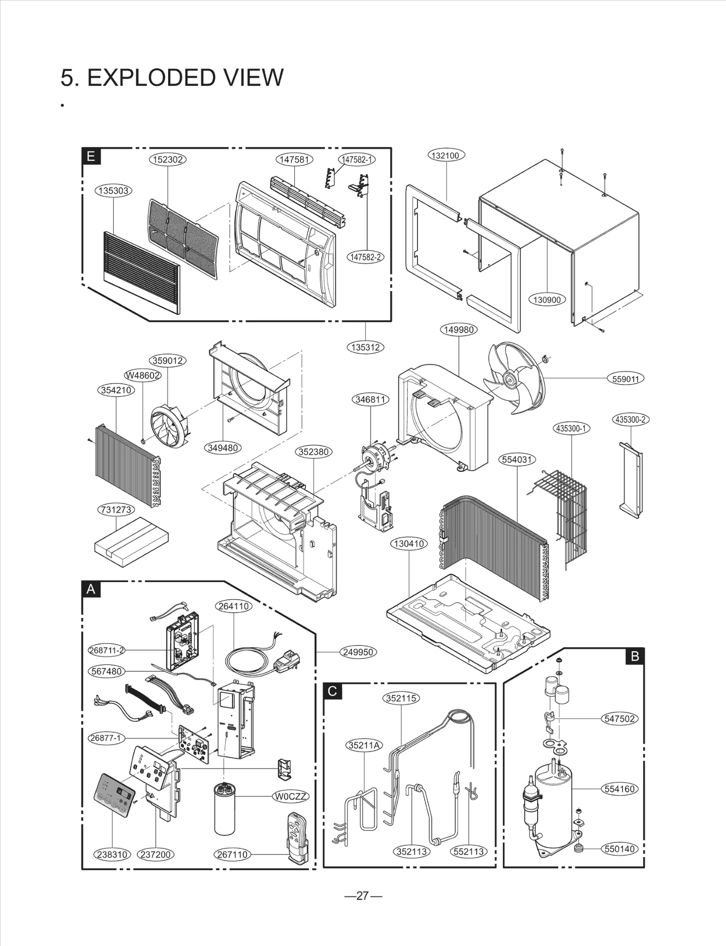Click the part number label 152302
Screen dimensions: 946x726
coord(168,159)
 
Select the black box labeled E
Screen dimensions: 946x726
coord(91,157)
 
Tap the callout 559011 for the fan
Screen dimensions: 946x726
coord(625,379)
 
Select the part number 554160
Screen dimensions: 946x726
coord(620,789)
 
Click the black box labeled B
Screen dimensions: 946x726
coord(635,656)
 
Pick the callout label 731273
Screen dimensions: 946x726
coord(117,510)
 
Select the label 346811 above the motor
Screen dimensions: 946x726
coord(370,399)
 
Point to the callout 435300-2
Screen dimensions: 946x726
coord(630,419)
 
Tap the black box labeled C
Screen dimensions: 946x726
coord(332,691)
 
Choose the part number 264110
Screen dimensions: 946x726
coord(233,606)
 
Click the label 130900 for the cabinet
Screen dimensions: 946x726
coord(547,300)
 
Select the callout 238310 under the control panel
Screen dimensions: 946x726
coord(112,854)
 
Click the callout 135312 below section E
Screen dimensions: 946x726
coord(365,347)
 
